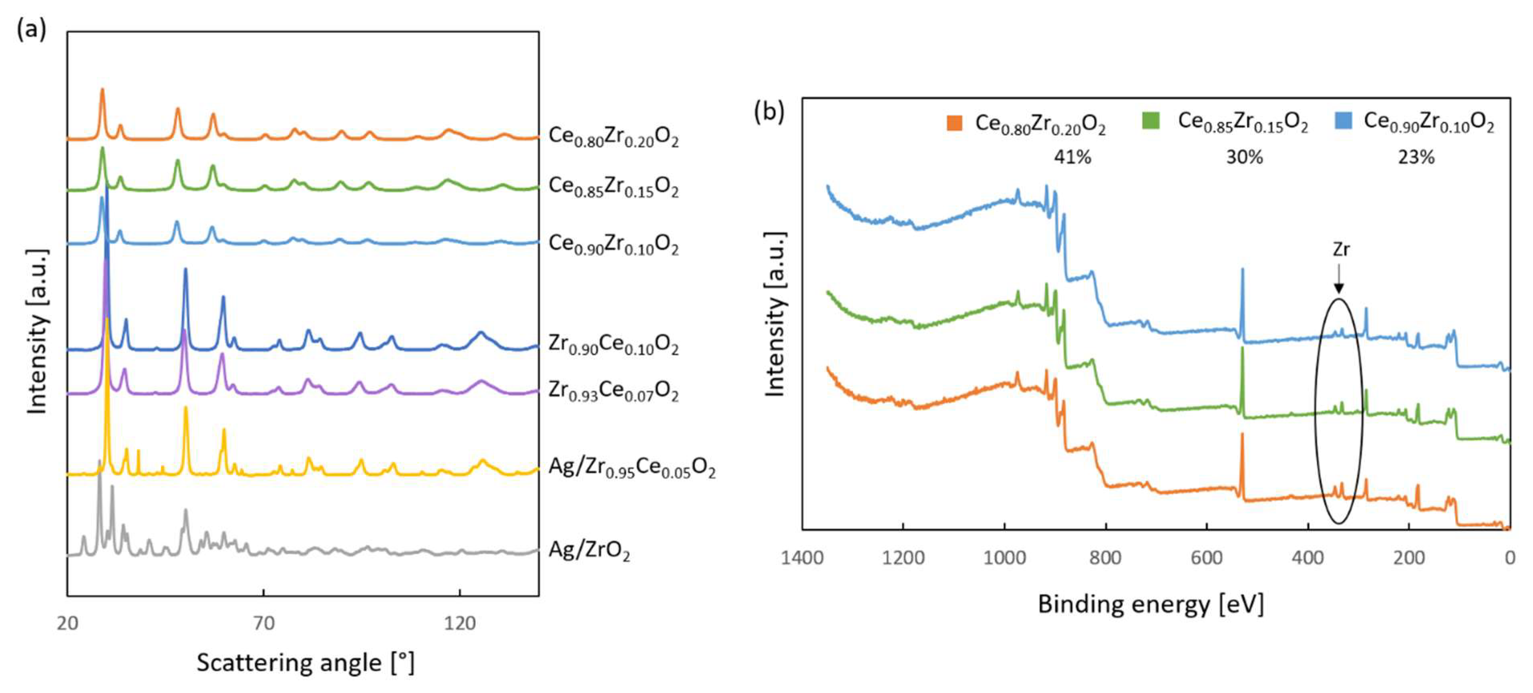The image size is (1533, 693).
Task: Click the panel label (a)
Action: (x=31, y=28)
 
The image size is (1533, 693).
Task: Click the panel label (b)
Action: (x=769, y=112)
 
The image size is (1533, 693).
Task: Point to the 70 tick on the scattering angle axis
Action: (x=263, y=623)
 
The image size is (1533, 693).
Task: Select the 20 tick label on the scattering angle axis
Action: (x=67, y=623)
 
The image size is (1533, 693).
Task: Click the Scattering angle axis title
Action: (x=305, y=663)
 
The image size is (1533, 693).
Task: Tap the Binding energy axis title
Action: (x=1150, y=604)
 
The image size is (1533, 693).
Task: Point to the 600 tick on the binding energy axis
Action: (x=1206, y=558)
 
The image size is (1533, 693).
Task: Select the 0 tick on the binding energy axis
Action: (x=1510, y=558)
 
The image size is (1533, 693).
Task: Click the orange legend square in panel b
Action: (x=954, y=123)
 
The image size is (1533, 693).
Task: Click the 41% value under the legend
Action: (x=1072, y=157)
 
